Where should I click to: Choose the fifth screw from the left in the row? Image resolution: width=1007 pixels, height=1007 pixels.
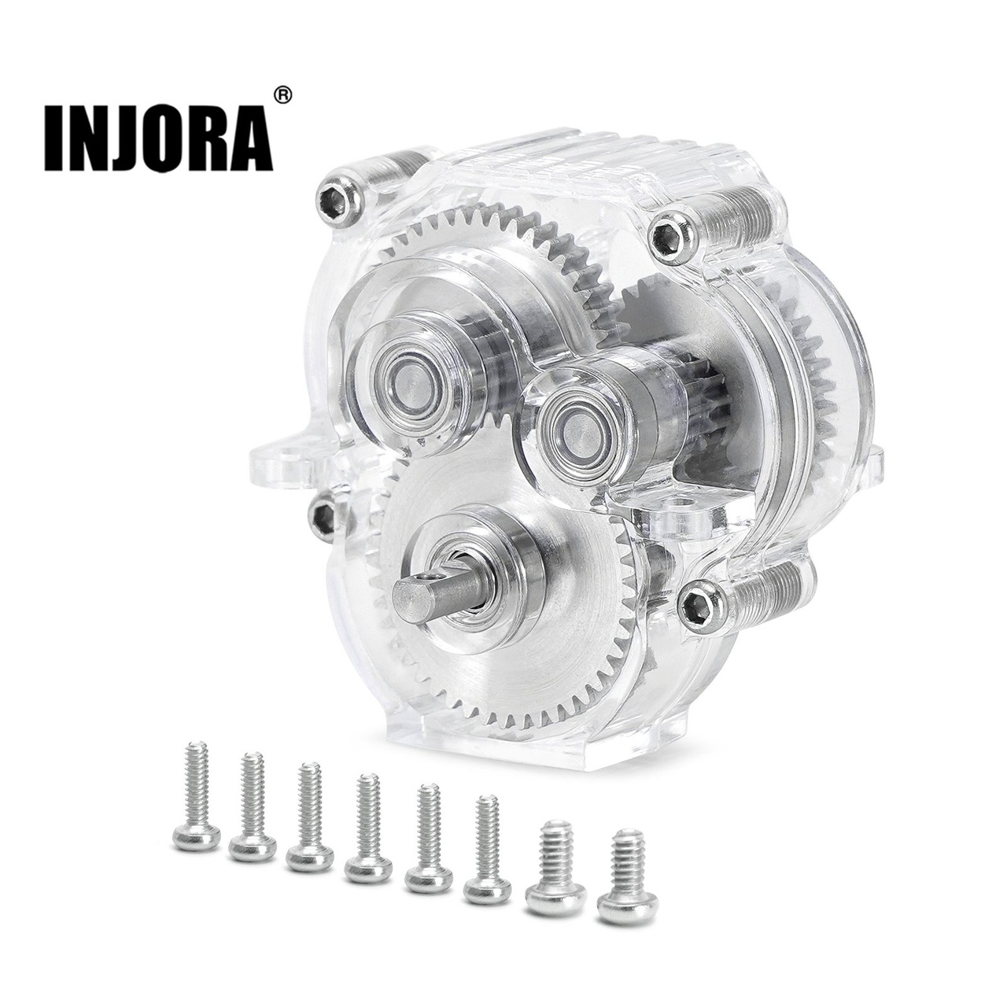430,830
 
